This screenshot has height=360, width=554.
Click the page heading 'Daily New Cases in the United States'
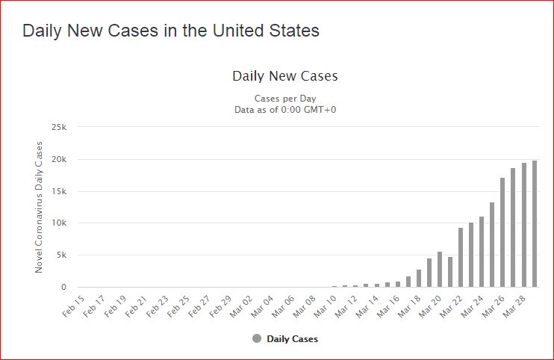(x=171, y=31)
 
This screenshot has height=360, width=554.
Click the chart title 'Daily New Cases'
(x=285, y=76)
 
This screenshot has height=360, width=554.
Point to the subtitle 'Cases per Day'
(x=285, y=99)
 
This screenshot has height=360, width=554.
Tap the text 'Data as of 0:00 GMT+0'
(x=285, y=110)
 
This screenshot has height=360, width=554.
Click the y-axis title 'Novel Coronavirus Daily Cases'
(x=39, y=207)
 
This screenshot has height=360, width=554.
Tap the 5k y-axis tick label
(x=61, y=255)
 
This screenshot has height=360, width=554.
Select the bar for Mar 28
(x=523, y=225)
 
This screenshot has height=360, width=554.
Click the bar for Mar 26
(x=502, y=232)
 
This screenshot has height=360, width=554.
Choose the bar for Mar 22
(x=461, y=257)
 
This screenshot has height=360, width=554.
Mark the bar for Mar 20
(x=440, y=269)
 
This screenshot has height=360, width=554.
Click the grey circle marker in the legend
(x=257, y=338)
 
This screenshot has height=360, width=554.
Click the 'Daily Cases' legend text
(x=292, y=339)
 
